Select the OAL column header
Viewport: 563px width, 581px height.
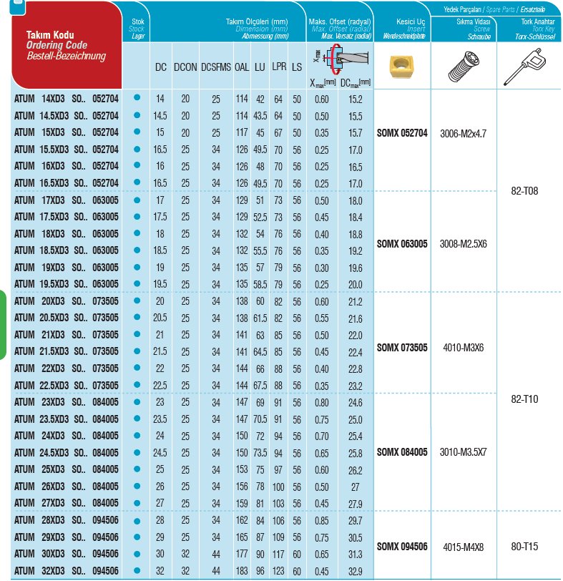click(x=242, y=67)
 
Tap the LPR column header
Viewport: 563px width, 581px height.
click(x=279, y=67)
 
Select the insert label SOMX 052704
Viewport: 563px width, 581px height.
click(x=401, y=132)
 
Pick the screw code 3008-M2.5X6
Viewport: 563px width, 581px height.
click(x=463, y=243)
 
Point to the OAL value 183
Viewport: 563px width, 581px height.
click(x=241, y=570)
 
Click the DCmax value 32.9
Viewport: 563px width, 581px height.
click(x=355, y=570)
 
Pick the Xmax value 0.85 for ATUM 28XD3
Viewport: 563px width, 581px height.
click(x=322, y=519)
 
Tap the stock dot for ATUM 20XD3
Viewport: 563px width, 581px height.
click(x=137, y=301)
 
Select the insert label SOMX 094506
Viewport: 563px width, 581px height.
click(x=401, y=546)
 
